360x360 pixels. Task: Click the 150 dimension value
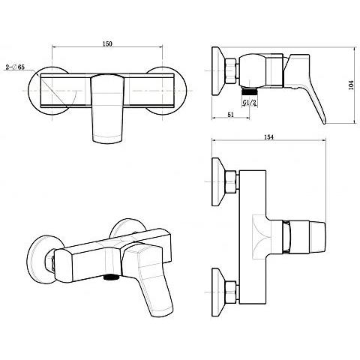click(x=107, y=43)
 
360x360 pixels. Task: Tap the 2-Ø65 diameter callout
click(x=15, y=67)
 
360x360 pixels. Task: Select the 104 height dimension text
click(x=351, y=85)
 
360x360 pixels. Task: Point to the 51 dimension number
click(x=230, y=115)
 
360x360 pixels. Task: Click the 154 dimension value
click(x=268, y=137)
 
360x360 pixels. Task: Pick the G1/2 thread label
click(x=249, y=103)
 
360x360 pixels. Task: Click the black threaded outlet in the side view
click(x=250, y=91)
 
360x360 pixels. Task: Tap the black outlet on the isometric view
click(x=111, y=277)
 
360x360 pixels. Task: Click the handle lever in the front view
click(x=107, y=109)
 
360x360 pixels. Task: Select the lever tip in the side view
click(x=323, y=121)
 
